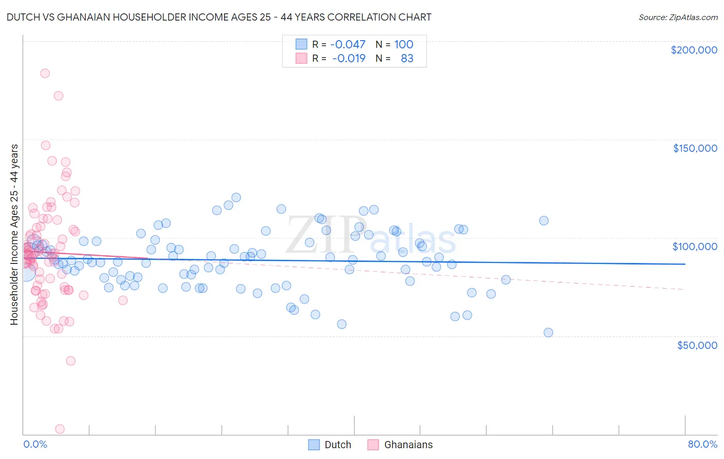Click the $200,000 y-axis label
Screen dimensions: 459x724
point(694,50)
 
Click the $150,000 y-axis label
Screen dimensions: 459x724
point(695,148)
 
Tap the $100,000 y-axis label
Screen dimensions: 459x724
point(695,246)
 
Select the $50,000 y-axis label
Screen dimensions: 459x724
point(697,345)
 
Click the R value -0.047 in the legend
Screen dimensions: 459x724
point(348,44)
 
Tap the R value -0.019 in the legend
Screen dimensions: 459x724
point(349,59)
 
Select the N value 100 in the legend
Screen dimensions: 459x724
point(404,44)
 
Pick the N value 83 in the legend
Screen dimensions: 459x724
point(407,59)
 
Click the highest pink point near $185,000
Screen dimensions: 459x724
point(45,74)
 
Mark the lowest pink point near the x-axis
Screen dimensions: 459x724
point(60,429)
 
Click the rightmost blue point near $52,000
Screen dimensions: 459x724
point(548,333)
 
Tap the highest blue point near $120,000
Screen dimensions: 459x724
point(236,198)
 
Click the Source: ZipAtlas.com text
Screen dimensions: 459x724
point(678,17)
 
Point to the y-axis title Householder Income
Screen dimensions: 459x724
point(14,234)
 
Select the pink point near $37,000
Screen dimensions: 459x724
point(71,361)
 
